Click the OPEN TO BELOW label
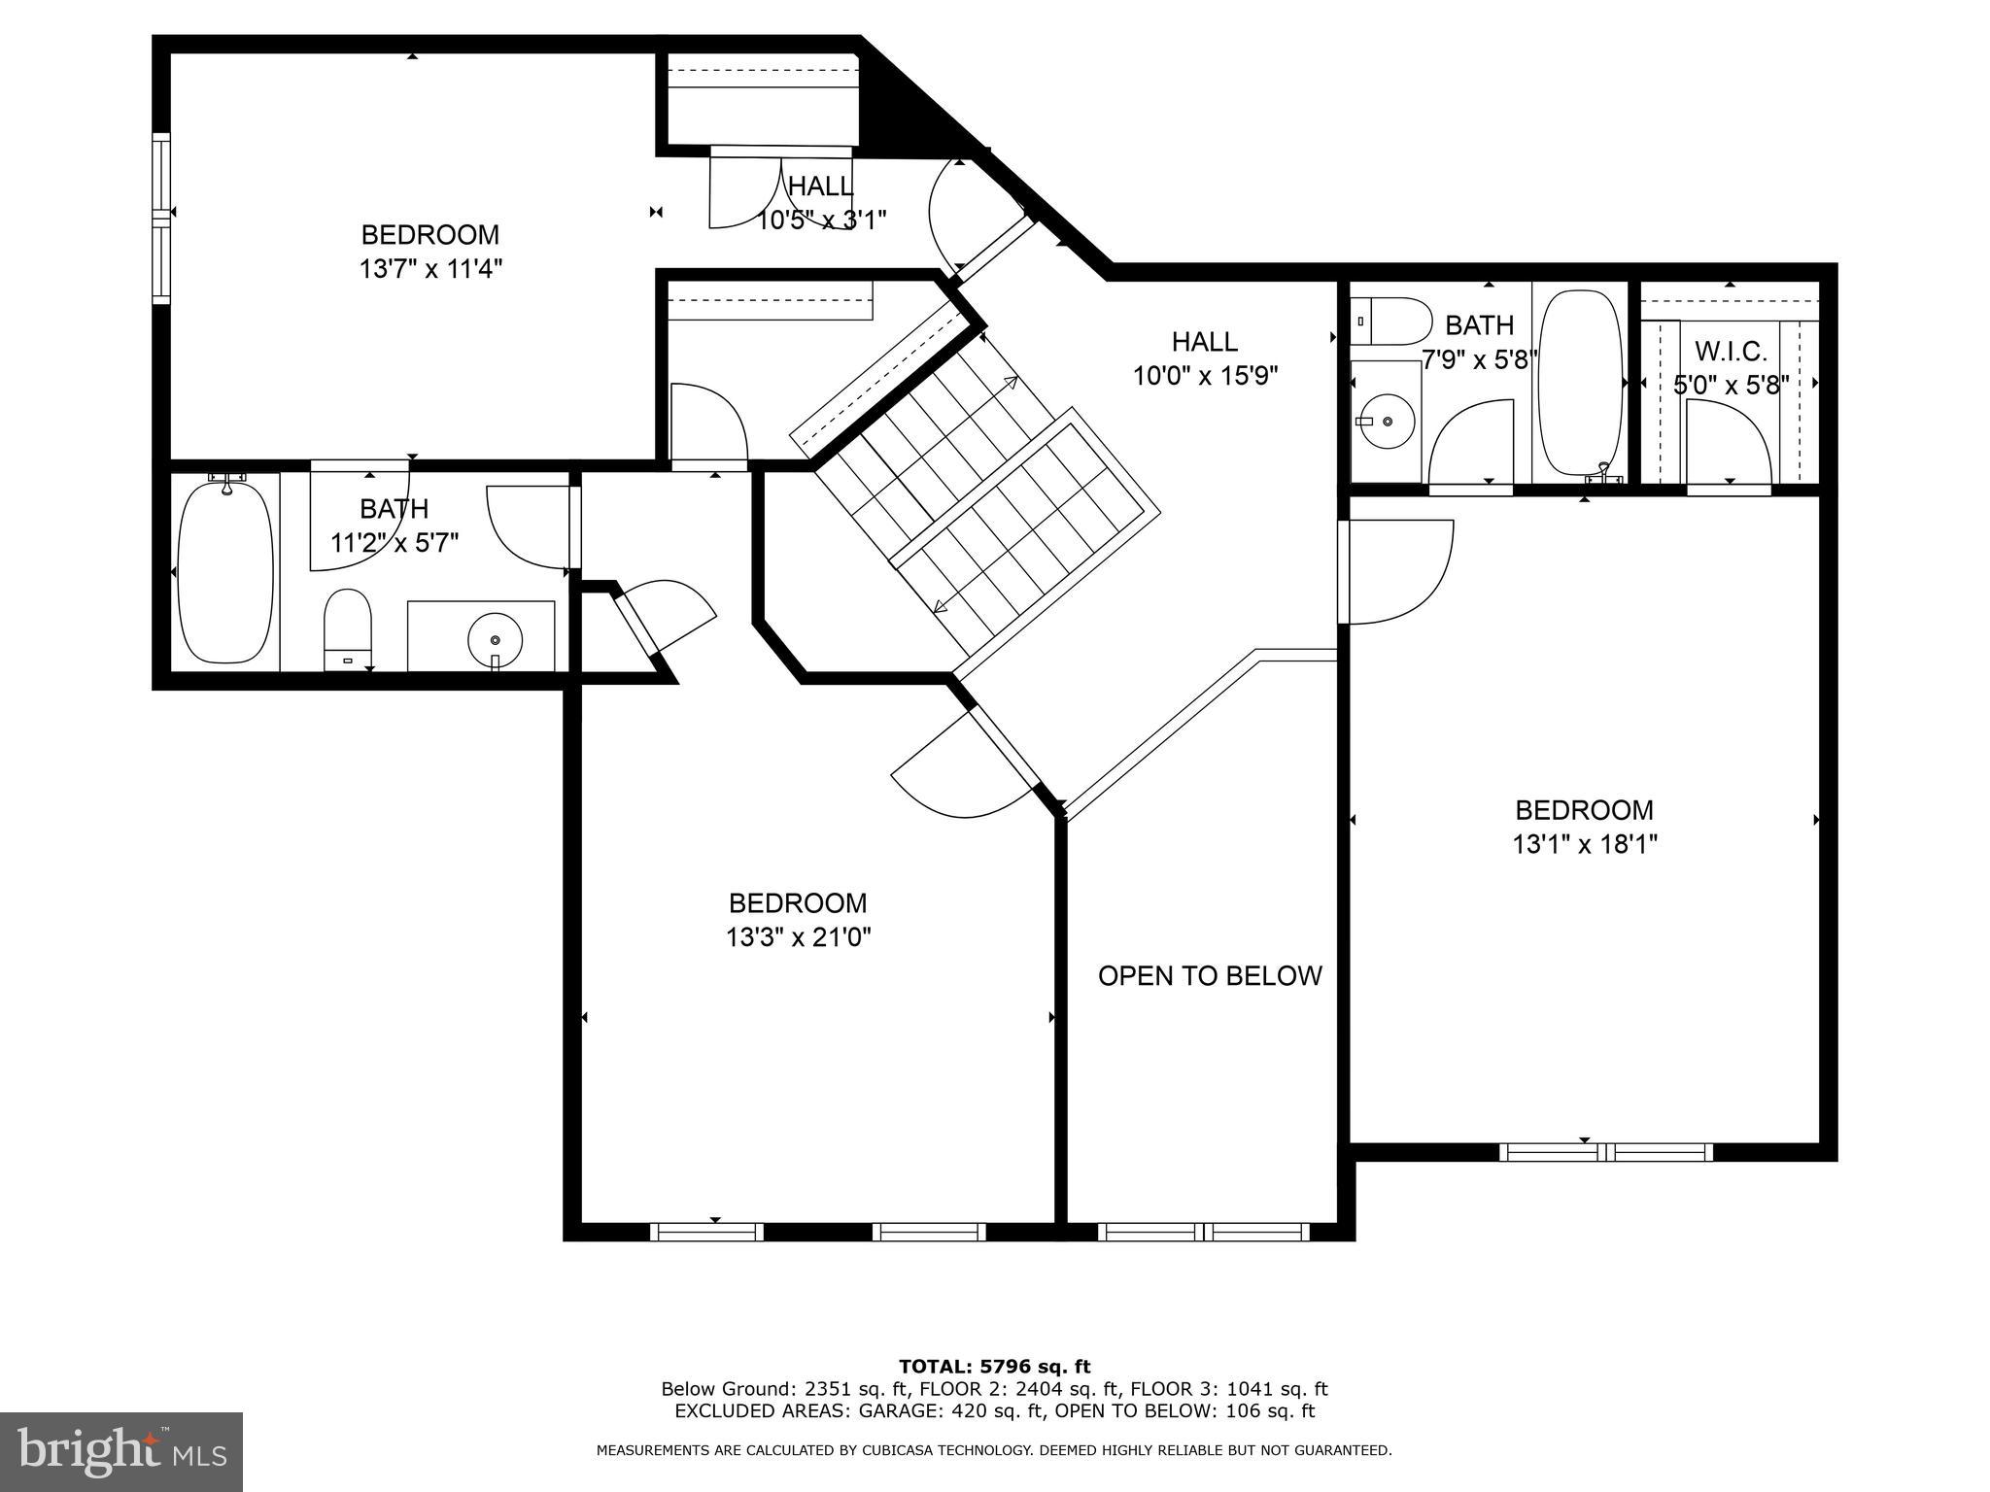pyautogui.click(x=1210, y=975)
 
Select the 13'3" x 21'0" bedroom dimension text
pyautogui.click(x=798, y=937)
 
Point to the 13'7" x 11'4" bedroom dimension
pyautogui.click(x=430, y=268)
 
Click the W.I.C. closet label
pyautogui.click(x=1731, y=351)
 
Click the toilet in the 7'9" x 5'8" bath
pyautogui.click(x=1392, y=322)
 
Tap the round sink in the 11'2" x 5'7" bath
pyautogui.click(x=495, y=640)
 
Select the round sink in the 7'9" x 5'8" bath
pyautogui.click(x=1387, y=421)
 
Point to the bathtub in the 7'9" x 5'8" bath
pyautogui.click(x=1580, y=383)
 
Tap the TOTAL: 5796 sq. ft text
pyautogui.click(x=994, y=1367)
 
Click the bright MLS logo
pyautogui.click(x=121, y=1451)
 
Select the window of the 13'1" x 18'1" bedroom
pyautogui.click(x=1605, y=1152)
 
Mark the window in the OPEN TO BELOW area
pyautogui.click(x=1203, y=1232)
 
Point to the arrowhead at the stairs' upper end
pyautogui.click(x=1012, y=382)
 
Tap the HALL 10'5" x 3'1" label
pyautogui.click(x=821, y=203)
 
